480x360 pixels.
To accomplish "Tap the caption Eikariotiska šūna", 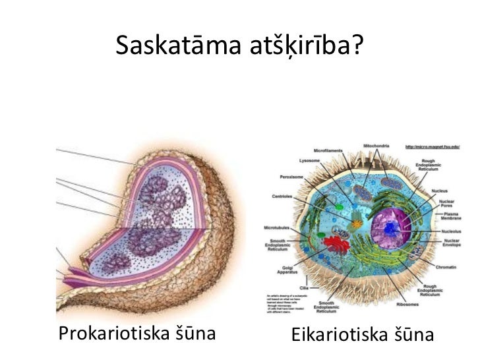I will (x=362, y=334).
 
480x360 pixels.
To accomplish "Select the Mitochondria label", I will (x=376, y=146).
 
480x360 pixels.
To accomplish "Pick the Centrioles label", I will (x=282, y=196).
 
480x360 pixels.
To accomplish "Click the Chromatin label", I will (x=446, y=266).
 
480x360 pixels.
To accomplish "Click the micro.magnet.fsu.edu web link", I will (x=432, y=146).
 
